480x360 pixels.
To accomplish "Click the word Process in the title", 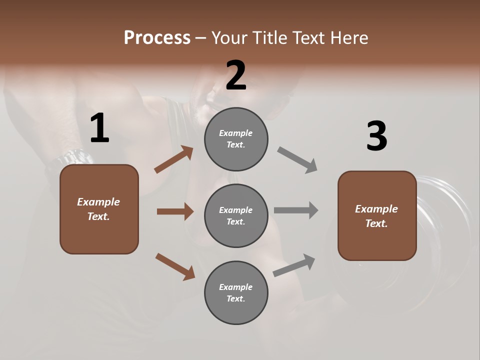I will point(157,38).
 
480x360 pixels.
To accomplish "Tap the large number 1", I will point(99,128).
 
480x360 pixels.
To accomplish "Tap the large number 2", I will point(236,75).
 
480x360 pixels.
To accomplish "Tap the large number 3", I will point(376,136).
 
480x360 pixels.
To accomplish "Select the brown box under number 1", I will point(99,209).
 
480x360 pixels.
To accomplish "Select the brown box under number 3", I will point(377,215).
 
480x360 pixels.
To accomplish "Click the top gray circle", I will point(236,139).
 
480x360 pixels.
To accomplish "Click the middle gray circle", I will point(236,215).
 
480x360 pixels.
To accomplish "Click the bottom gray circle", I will point(236,292).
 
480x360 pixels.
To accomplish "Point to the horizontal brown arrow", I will point(175,211).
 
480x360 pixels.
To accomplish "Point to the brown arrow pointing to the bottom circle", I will point(175,266).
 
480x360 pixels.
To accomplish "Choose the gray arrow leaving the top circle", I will point(297,160).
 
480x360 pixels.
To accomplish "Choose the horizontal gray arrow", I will point(296,210).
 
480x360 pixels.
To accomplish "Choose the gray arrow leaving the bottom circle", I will point(294,265).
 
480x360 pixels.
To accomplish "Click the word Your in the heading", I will point(229,38).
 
